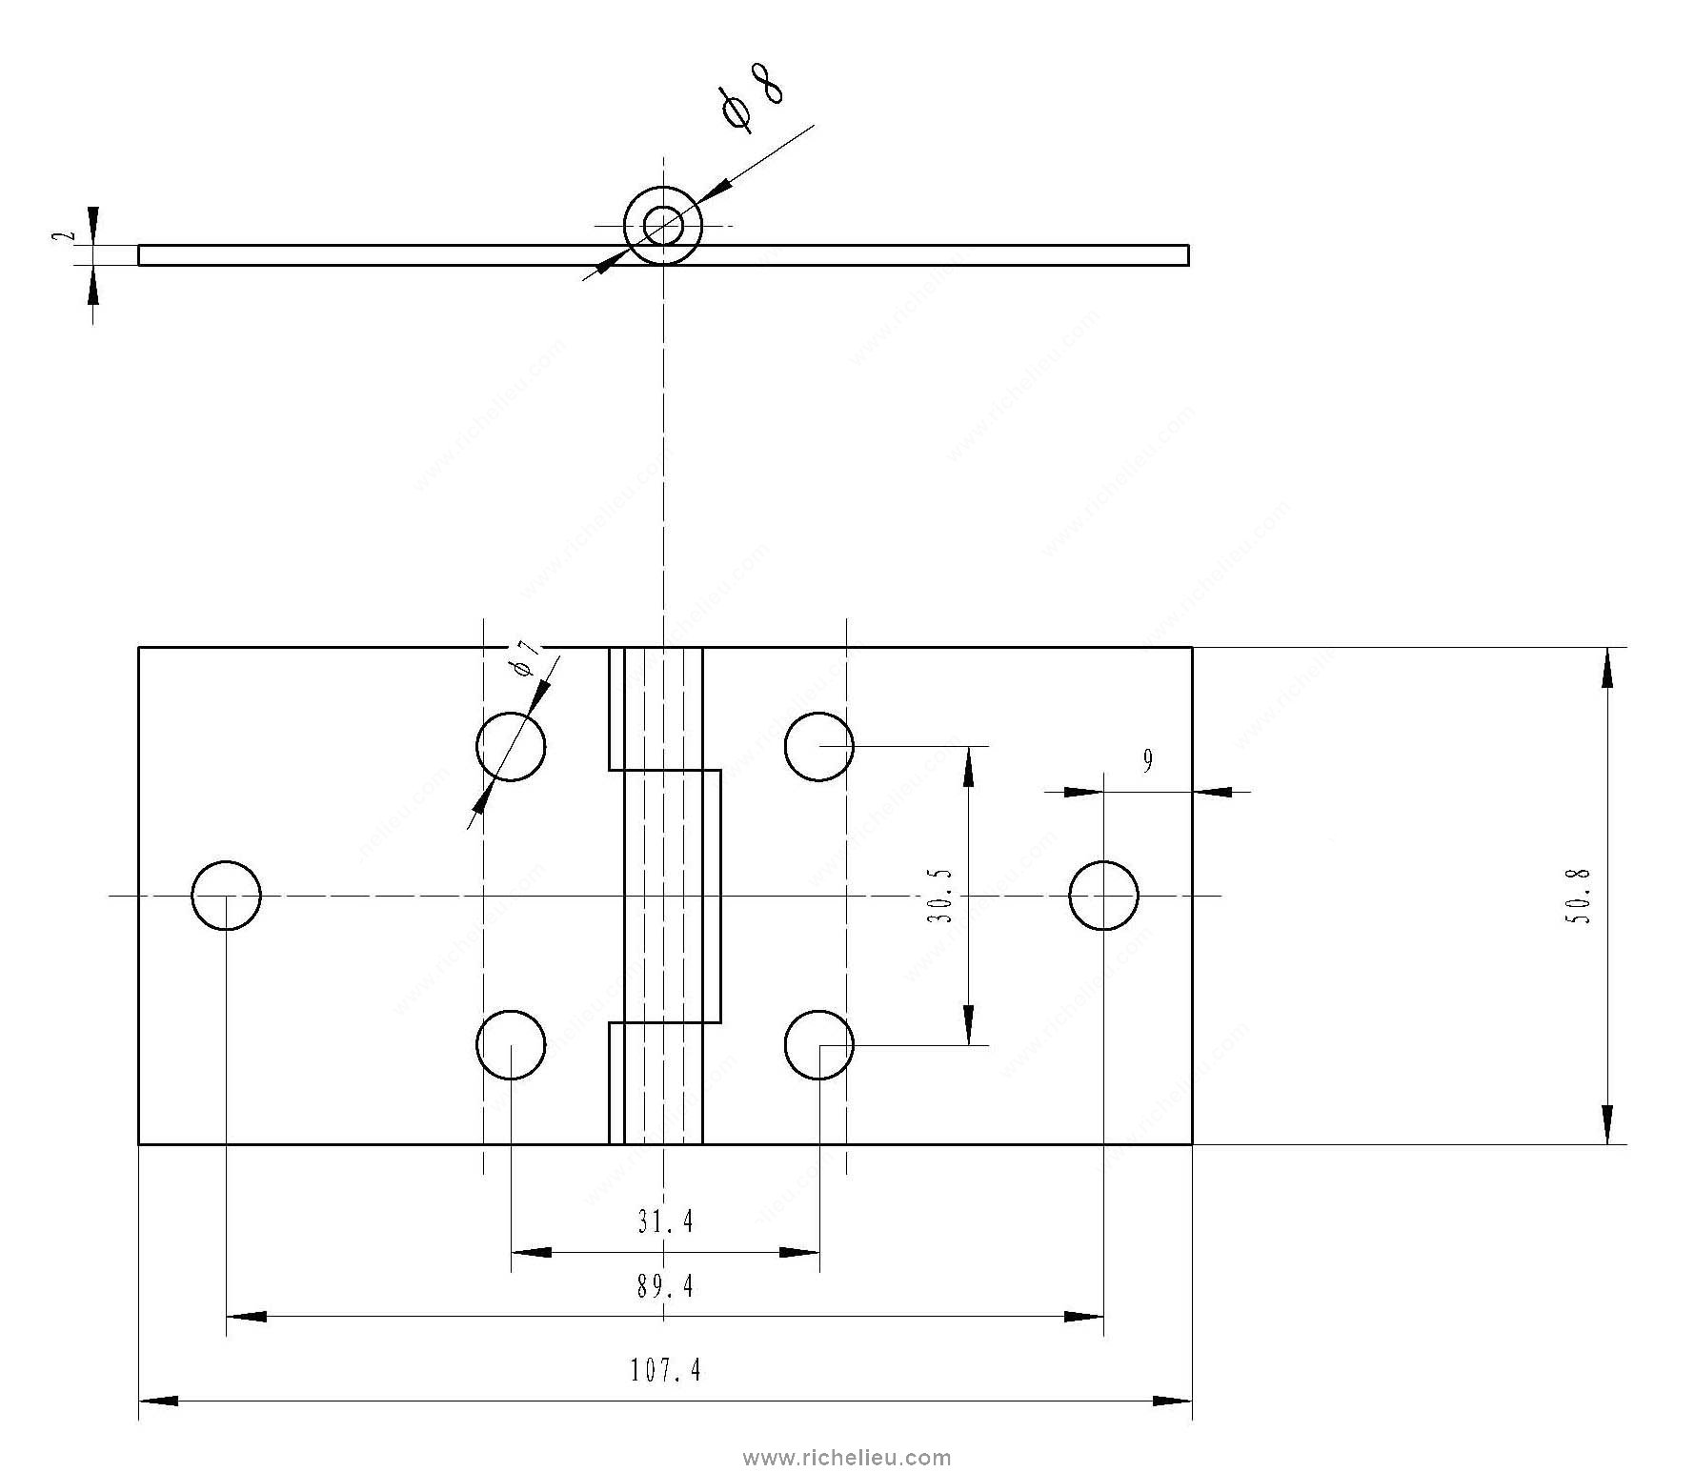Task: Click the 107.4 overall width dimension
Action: point(665,1370)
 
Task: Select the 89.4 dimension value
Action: point(665,1287)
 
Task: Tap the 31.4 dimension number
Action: point(665,1220)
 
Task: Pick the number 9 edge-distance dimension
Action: point(1147,760)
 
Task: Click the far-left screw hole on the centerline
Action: point(226,896)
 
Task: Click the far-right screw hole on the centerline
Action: point(1103,896)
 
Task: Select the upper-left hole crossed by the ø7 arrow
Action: point(511,746)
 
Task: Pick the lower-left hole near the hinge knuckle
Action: point(511,1045)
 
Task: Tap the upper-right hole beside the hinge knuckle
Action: point(819,746)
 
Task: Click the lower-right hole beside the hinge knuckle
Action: point(819,1045)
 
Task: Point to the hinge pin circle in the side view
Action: point(663,226)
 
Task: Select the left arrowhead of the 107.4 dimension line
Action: point(158,1401)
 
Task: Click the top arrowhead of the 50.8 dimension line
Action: point(1607,666)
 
